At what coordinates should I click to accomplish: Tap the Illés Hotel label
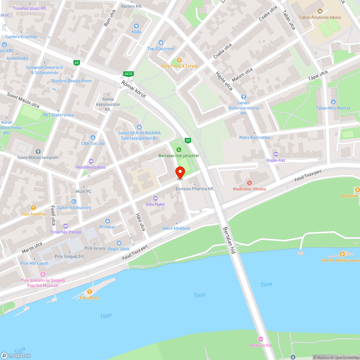point(155,204)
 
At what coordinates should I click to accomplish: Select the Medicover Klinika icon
point(249,183)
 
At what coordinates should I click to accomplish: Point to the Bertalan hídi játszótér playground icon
point(179,150)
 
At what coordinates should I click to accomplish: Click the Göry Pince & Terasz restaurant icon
point(179,60)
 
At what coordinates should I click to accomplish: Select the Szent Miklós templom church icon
point(38,152)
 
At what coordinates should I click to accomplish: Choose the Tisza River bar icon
point(90,292)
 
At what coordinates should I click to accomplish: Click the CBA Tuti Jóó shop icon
point(93,137)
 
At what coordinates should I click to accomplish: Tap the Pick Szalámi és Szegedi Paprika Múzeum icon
point(23,274)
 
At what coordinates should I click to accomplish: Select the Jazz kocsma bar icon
point(33,208)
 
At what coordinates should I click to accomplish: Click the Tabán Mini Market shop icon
point(333,102)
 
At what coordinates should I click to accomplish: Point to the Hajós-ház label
point(276,160)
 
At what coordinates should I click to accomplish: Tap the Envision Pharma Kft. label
point(195,189)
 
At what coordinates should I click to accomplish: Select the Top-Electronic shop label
point(161,49)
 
